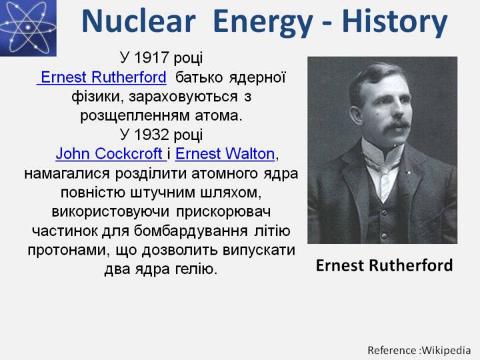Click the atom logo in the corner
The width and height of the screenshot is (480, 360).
coord(28,28)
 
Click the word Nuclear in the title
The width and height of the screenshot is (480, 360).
coord(139,21)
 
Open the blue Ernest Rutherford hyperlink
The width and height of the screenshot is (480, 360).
coord(101,77)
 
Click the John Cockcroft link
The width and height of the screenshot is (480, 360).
coord(111,154)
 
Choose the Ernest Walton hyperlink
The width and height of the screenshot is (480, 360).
coord(225,154)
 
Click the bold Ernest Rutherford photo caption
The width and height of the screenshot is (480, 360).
coord(384,265)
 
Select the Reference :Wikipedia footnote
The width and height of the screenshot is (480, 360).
coord(419,350)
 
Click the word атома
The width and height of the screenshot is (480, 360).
coord(219,116)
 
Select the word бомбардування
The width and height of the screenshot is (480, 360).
coord(191,231)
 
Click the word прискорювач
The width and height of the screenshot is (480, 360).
coord(223,213)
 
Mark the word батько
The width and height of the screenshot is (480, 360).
coord(199,77)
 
